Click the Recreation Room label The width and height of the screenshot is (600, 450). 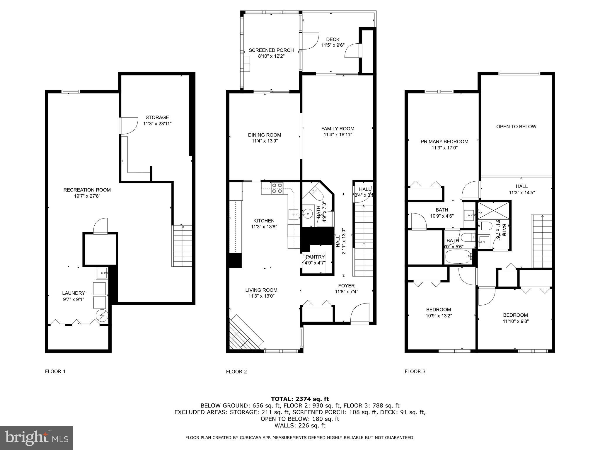[x=87, y=190]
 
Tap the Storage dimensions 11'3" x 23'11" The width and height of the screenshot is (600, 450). [x=157, y=124]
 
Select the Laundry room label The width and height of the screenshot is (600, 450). [x=74, y=293]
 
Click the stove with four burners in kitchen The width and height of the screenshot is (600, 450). [x=277, y=188]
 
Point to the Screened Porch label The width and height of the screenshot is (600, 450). [x=271, y=50]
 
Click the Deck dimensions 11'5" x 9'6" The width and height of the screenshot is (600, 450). [x=333, y=45]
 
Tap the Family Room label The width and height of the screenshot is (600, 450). [x=337, y=129]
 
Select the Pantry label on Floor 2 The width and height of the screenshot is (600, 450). [x=315, y=257]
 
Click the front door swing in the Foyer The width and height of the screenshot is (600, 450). [x=360, y=313]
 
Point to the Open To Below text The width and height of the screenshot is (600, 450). [x=516, y=127]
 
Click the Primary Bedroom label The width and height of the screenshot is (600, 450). [x=444, y=142]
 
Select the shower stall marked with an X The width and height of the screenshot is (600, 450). [x=494, y=211]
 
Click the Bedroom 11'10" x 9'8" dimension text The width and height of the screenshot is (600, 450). [x=516, y=321]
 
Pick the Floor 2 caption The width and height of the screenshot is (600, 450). [x=236, y=372]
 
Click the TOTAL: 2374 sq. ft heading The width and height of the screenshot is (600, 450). [x=300, y=399]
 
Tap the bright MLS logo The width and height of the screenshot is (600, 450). [x=37, y=438]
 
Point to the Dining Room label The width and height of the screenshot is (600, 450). [x=264, y=135]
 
